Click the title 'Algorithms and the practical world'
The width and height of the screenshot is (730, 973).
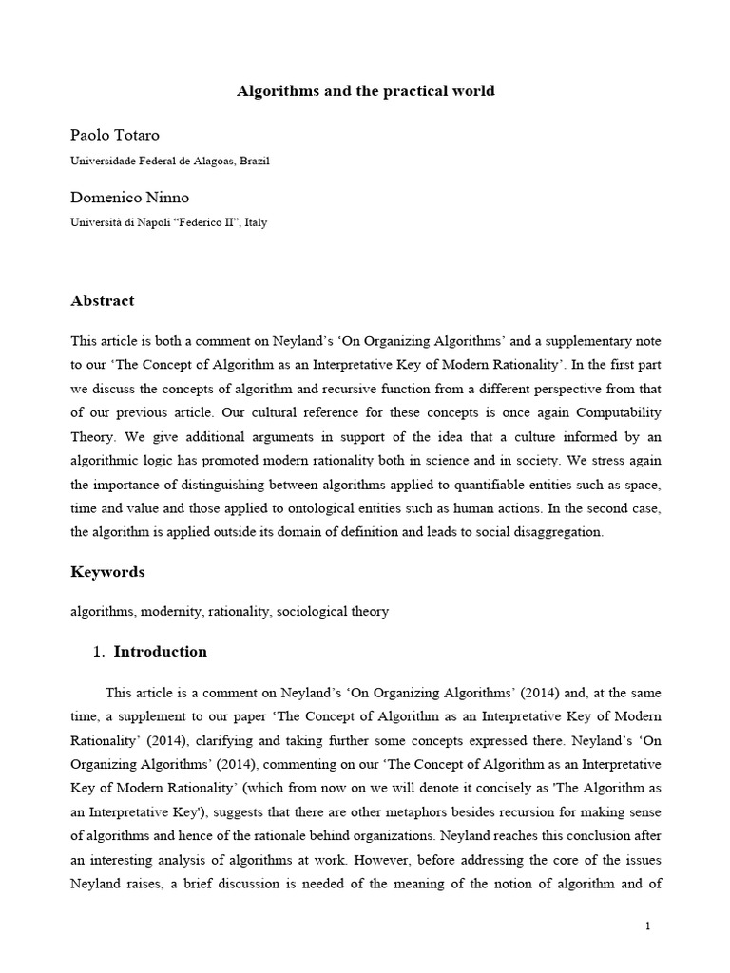pyautogui.click(x=365, y=91)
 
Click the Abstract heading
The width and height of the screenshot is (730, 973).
pyautogui.click(x=103, y=301)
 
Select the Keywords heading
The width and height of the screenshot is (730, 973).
pyautogui.click(x=107, y=572)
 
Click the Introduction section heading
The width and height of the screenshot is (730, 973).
pyautogui.click(x=160, y=652)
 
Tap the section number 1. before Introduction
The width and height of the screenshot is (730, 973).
pyautogui.click(x=98, y=652)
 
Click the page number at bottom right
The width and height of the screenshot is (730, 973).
pyautogui.click(x=647, y=927)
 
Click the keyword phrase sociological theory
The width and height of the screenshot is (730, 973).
pyautogui.click(x=333, y=612)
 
